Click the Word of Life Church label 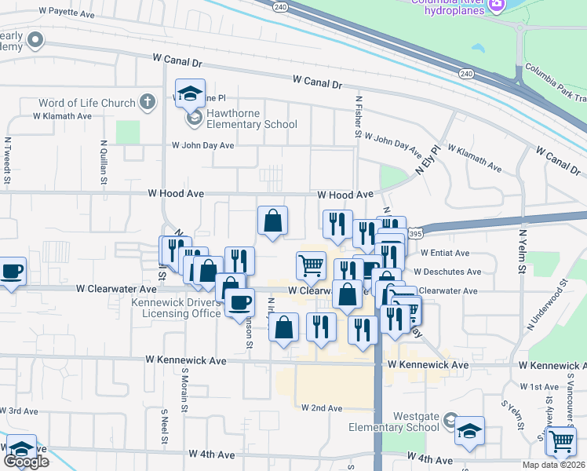[x=86, y=102]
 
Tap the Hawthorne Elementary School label [x=251, y=124]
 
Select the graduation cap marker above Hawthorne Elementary [x=190, y=94]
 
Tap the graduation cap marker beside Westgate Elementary [x=469, y=431]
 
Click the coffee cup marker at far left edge [x=11, y=272]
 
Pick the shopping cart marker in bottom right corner [x=561, y=441]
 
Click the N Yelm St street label [x=521, y=250]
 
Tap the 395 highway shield [x=416, y=234]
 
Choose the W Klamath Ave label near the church [x=62, y=115]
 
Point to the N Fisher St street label [x=358, y=118]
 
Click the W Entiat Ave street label [x=444, y=254]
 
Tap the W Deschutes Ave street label [x=447, y=272]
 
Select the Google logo [x=26, y=462]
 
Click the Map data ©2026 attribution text [x=553, y=465]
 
